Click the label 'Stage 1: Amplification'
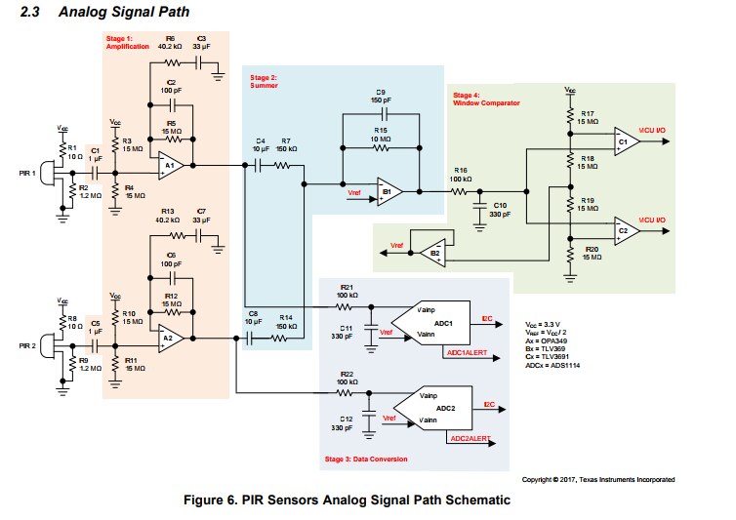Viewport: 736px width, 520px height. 128,42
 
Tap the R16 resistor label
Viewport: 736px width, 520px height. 459,171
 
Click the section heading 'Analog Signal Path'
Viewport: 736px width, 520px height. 123,12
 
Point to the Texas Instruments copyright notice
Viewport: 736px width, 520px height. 598,479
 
